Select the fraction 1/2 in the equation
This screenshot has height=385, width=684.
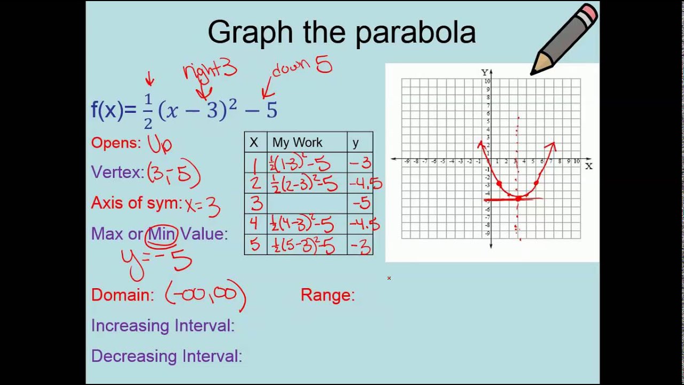pyautogui.click(x=148, y=111)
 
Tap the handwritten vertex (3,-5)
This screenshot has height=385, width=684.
pyautogui.click(x=174, y=173)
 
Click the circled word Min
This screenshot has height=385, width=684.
pyautogui.click(x=161, y=234)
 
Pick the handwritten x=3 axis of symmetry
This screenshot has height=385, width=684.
pyautogui.click(x=202, y=205)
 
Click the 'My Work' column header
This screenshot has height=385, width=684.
pyautogui.click(x=297, y=143)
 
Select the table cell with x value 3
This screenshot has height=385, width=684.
pyautogui.click(x=256, y=204)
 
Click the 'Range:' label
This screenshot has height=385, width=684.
pyautogui.click(x=328, y=295)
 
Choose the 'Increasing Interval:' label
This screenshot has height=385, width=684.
pyautogui.click(x=162, y=326)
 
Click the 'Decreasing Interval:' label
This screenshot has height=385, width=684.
pyautogui.click(x=166, y=356)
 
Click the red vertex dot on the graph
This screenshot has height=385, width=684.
pyautogui.click(x=518, y=199)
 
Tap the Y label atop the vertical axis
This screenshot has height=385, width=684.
pyautogui.click(x=484, y=72)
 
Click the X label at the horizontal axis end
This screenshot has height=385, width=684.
pyautogui.click(x=588, y=166)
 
